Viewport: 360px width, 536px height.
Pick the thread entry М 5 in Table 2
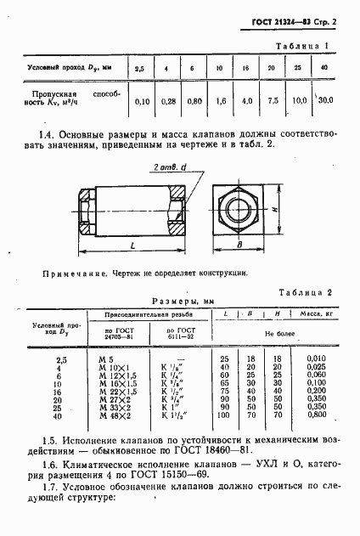pyautogui.click(x=106, y=360)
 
